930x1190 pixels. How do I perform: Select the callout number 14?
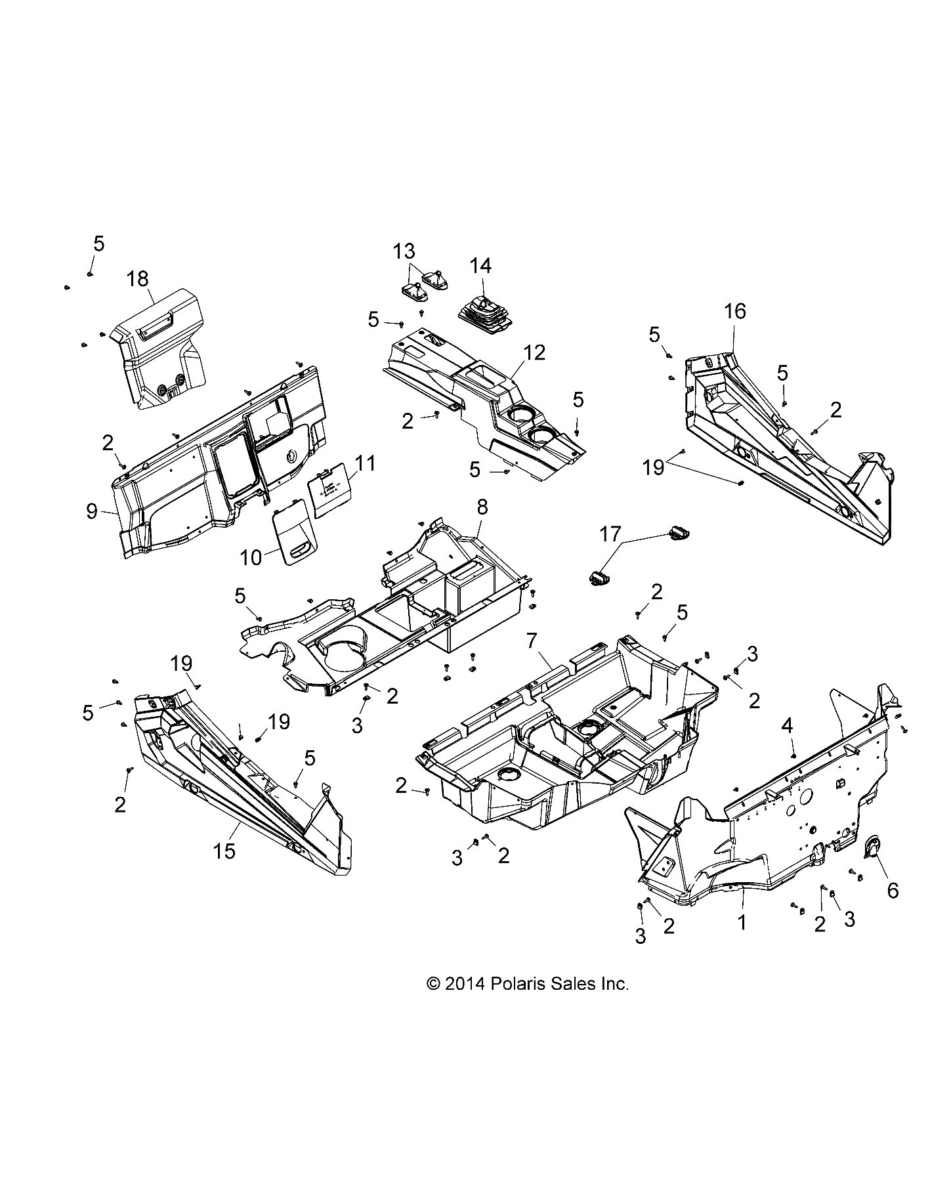tap(480, 266)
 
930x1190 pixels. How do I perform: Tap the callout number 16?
tap(735, 311)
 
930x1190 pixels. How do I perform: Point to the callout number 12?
tap(535, 353)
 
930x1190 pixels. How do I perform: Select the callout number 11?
tap(366, 463)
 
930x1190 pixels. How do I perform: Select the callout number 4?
tap(787, 726)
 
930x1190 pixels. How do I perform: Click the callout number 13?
tap(404, 251)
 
